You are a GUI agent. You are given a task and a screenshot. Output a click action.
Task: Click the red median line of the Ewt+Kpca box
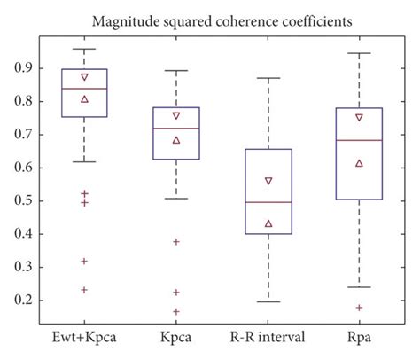[84, 89]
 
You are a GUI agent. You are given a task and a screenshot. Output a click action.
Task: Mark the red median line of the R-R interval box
[268, 202]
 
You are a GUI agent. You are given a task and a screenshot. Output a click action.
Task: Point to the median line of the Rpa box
[360, 140]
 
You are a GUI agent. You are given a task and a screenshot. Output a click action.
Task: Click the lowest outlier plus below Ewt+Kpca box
[84, 290]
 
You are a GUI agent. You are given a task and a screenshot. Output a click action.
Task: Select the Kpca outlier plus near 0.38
[176, 241]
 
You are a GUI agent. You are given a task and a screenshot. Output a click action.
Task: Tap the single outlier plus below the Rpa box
[360, 308]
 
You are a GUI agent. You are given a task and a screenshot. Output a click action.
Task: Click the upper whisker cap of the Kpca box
[176, 71]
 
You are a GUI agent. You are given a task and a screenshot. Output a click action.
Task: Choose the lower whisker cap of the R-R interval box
[268, 301]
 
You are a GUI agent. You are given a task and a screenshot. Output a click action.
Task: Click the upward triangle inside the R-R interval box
[268, 223]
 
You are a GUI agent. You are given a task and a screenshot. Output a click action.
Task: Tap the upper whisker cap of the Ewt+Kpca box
[84, 50]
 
